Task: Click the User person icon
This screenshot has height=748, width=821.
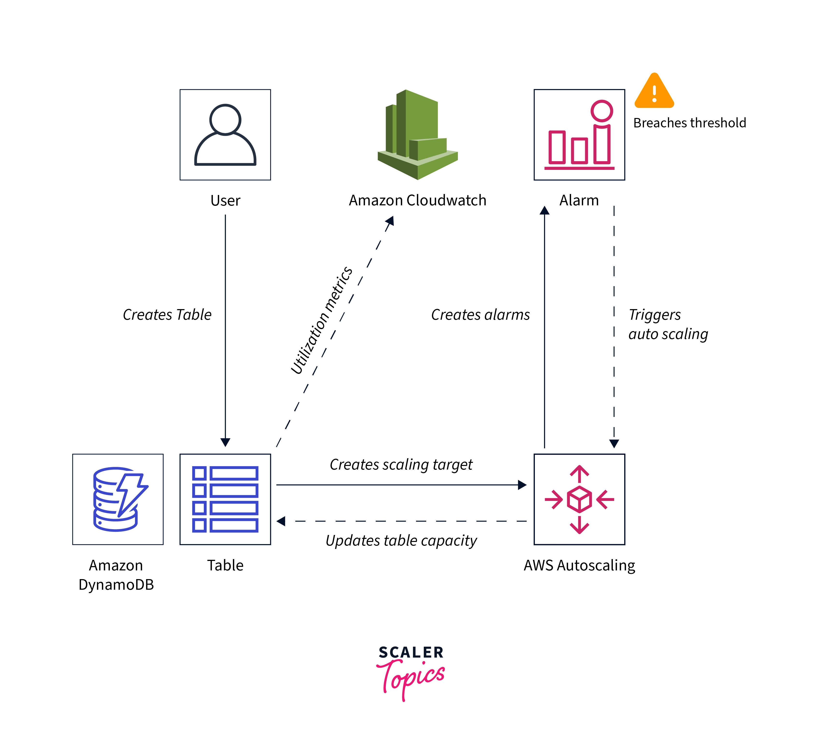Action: (x=225, y=135)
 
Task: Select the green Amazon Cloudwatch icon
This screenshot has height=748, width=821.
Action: (x=418, y=135)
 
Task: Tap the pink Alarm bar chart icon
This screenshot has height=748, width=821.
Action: (x=579, y=135)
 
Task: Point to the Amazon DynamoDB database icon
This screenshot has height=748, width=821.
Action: (x=118, y=499)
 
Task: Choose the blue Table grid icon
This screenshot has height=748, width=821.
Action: (x=225, y=499)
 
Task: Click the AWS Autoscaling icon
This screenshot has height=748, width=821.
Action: (x=579, y=499)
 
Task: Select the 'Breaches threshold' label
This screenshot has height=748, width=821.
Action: (x=689, y=123)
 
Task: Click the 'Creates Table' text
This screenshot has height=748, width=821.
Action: (x=167, y=315)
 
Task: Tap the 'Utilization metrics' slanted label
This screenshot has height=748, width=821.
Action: (x=321, y=320)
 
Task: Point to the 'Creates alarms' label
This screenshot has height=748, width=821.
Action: (x=481, y=315)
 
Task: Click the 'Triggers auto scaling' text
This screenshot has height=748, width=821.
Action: (x=668, y=324)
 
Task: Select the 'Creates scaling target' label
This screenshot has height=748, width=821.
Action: (x=401, y=464)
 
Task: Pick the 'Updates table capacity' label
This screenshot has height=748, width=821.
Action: (x=401, y=540)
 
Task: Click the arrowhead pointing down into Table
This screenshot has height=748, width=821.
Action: (x=225, y=442)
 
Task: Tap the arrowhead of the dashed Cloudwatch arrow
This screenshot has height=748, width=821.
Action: (x=390, y=221)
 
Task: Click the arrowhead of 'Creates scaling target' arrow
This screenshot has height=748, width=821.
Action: (x=522, y=485)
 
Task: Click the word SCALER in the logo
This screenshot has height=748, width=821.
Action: (x=411, y=652)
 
